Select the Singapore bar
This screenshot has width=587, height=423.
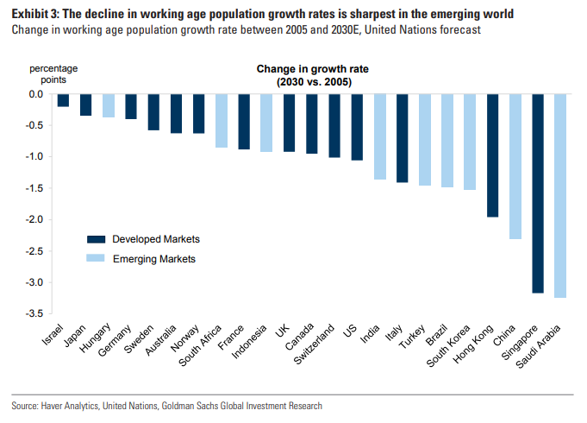pyautogui.click(x=538, y=193)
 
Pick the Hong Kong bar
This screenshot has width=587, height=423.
pyautogui.click(x=493, y=155)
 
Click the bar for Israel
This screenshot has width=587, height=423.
pyautogui.click(x=63, y=100)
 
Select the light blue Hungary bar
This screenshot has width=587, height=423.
pyautogui.click(x=108, y=105)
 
